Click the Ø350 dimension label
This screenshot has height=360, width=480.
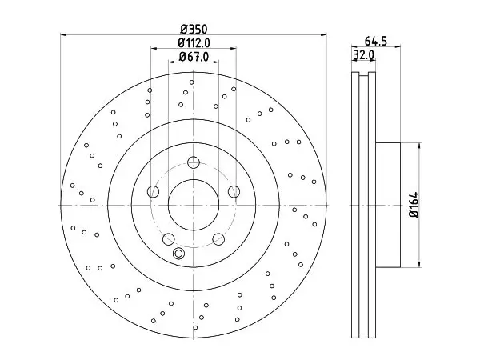(194, 30)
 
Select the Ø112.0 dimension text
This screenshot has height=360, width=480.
(194, 43)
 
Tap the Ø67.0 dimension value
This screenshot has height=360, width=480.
(194, 57)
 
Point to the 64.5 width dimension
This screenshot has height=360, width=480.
(376, 41)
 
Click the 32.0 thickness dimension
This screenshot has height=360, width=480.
(363, 54)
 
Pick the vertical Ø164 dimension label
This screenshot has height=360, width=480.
(414, 205)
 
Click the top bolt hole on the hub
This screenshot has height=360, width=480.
(194, 162)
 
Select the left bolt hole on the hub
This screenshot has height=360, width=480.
(153, 192)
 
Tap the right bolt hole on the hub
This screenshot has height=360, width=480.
(234, 192)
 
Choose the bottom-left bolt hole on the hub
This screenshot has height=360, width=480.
(168, 239)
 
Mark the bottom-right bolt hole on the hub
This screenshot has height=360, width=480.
(218, 239)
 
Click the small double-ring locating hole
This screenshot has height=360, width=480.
(178, 254)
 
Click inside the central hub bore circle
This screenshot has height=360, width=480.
(194, 205)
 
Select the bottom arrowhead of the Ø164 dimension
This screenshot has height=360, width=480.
(419, 264)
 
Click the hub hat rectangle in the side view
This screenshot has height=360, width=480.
(388, 205)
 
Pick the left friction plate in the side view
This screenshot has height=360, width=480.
(355, 205)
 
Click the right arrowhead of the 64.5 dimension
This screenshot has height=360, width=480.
(398, 46)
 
